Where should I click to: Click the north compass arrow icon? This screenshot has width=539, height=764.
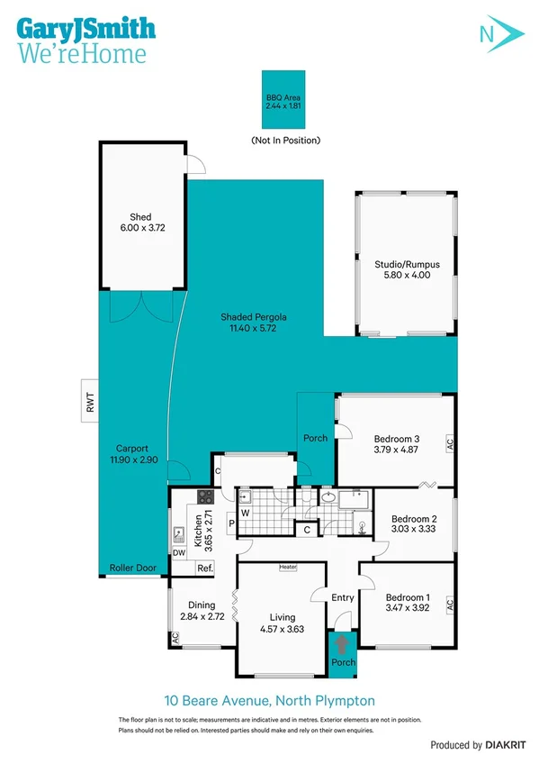[x=499, y=34]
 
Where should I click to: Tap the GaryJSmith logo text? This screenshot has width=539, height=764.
[x=85, y=27]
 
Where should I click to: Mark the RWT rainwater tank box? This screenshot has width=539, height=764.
[x=89, y=405]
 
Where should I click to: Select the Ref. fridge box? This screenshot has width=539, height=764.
[x=204, y=568]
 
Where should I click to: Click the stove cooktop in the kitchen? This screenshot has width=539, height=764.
[x=203, y=496]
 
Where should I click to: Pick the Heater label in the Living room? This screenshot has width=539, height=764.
[x=288, y=568]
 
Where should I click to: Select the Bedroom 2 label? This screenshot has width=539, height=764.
[x=413, y=519]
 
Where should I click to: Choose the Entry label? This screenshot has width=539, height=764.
[x=343, y=597]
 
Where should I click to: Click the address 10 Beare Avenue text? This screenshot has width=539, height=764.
[x=269, y=700]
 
